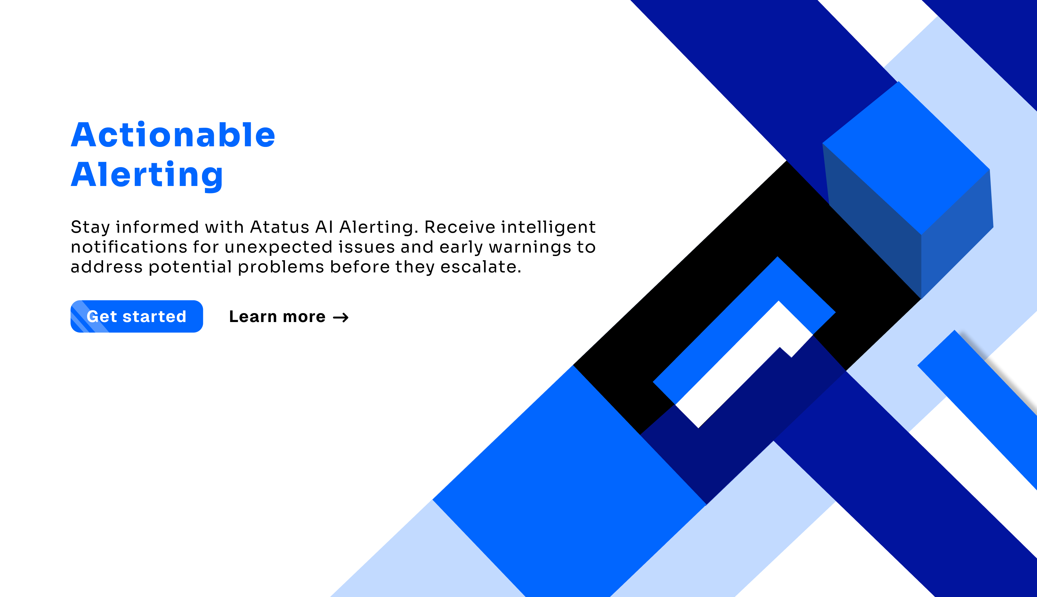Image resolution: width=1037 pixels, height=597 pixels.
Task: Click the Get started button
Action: (x=136, y=316)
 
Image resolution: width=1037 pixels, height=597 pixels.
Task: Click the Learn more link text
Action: (x=277, y=317)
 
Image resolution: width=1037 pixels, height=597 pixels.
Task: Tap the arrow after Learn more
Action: (x=341, y=317)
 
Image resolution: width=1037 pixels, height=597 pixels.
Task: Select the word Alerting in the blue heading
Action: (x=147, y=175)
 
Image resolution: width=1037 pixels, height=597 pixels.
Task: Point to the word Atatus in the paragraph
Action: (x=280, y=227)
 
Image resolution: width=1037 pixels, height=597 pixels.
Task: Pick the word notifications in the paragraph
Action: (x=129, y=247)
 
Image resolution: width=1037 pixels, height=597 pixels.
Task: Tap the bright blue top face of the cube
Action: (x=906, y=158)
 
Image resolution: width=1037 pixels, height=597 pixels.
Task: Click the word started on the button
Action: (x=154, y=317)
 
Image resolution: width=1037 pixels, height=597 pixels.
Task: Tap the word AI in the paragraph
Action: (x=324, y=227)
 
